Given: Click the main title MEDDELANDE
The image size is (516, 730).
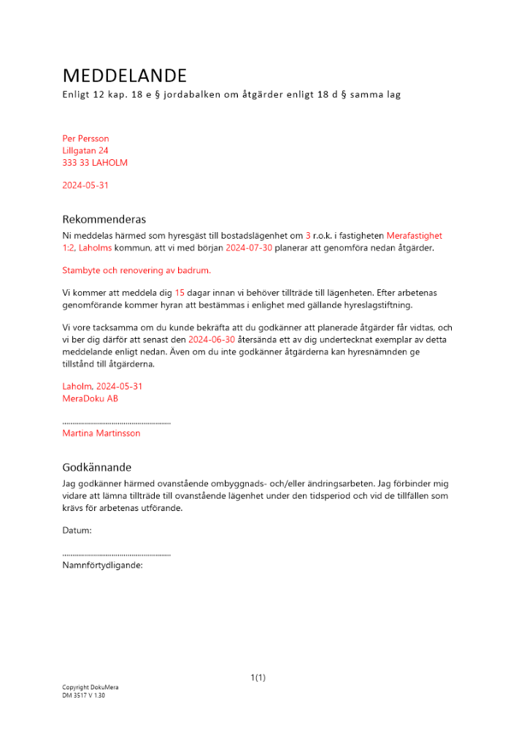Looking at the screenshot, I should coord(125,75).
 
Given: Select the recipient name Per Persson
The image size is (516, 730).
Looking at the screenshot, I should coord(86,139).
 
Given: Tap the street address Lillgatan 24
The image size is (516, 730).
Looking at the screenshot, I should coord(86,150).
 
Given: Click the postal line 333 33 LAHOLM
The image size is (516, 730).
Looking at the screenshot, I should coord(95,163).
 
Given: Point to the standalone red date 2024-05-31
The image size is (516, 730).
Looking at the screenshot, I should coord(85,185).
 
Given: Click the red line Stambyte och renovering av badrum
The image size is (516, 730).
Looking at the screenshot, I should coord(136,270).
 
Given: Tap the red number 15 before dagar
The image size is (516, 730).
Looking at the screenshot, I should coord(180,293).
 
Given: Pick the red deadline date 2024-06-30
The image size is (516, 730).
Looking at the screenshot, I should coord(212,339).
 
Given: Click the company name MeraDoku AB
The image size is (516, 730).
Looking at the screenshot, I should coord(91,399).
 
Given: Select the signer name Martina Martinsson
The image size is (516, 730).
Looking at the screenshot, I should coord(101,433).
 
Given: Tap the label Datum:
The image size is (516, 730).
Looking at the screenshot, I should coord(77,530).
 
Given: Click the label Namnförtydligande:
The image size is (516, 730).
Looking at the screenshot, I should coord(102,564).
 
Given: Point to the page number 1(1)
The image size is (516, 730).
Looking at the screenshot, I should coord(258,677).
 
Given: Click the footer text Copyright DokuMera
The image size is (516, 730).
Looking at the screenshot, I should coord(91,688).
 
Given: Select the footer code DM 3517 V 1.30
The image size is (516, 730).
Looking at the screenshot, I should coord(85,696).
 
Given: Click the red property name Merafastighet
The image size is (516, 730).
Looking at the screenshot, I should coord(414,236).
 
